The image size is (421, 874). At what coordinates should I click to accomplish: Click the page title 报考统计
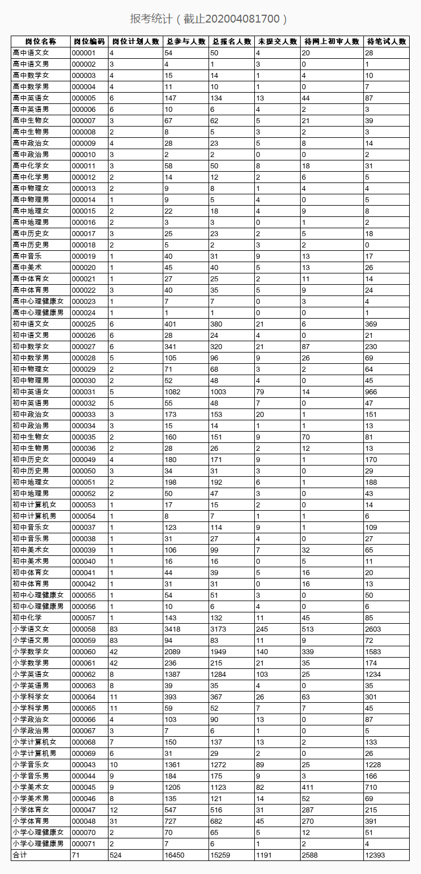[x=209, y=19]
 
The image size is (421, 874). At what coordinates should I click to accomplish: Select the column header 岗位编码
[x=89, y=41]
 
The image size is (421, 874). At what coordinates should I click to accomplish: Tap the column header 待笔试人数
[x=386, y=41]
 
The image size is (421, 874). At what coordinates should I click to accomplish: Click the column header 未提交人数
[x=277, y=41]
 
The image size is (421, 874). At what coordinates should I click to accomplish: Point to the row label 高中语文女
[x=31, y=53]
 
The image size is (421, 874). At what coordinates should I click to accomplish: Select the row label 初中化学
[x=27, y=618]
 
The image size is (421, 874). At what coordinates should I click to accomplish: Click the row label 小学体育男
[x=31, y=821]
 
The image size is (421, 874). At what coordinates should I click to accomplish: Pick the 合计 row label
[x=20, y=855]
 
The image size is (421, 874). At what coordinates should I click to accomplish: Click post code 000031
[x=84, y=392]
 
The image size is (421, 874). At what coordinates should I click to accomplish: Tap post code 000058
[x=84, y=629]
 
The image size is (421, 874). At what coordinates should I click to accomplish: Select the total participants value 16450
[x=175, y=855]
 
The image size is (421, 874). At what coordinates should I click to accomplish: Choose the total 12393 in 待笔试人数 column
[x=375, y=855]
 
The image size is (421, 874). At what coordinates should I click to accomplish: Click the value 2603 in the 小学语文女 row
[x=373, y=629]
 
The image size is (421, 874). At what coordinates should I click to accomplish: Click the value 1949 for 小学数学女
[x=218, y=651]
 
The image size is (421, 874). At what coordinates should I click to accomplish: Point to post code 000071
[x=84, y=843]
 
